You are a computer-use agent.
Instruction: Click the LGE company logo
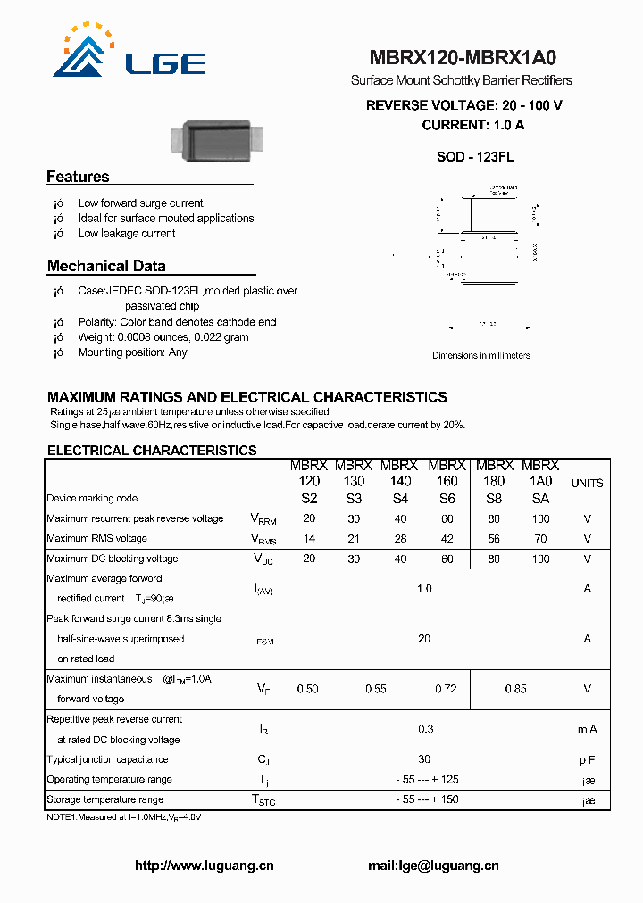[129, 54]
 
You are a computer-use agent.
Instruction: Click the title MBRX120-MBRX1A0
[461, 59]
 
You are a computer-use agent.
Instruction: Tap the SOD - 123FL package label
[474, 157]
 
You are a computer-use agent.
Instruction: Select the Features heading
[78, 177]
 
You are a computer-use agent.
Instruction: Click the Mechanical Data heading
[105, 266]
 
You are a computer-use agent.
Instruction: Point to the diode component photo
[218, 140]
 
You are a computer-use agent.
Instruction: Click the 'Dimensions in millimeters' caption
[480, 355]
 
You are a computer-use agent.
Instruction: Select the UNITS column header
[587, 483]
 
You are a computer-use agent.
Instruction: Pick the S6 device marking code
[447, 499]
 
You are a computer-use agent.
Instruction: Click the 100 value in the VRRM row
[540, 518]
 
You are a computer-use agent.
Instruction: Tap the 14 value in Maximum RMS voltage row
[308, 539]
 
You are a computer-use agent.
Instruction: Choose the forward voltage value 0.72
[445, 689]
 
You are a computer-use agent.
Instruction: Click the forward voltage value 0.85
[515, 689]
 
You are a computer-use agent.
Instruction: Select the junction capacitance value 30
[424, 759]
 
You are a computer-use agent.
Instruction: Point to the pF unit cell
[587, 759]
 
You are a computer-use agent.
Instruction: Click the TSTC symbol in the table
[263, 800]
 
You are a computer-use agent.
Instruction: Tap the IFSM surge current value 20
[424, 638]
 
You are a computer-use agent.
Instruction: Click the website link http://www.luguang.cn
[204, 866]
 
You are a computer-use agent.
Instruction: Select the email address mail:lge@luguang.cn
[433, 866]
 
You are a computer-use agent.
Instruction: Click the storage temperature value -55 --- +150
[427, 799]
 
